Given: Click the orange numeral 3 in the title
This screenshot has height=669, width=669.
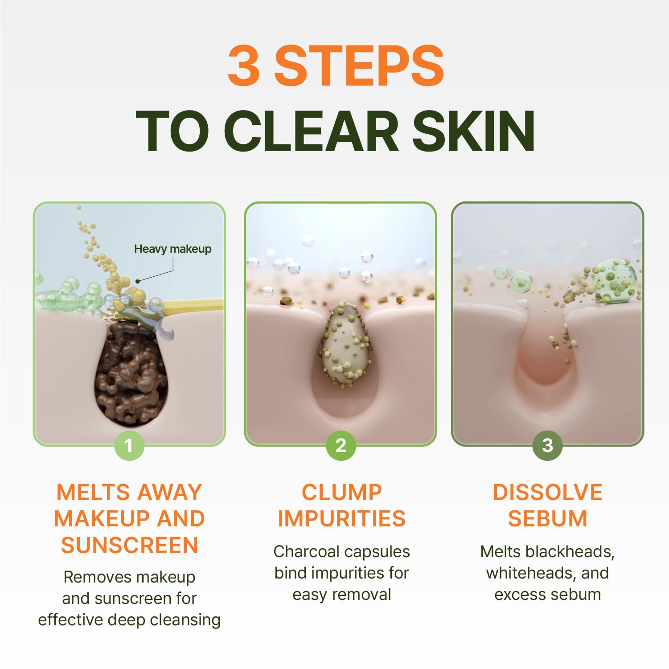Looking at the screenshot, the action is tap(244, 66).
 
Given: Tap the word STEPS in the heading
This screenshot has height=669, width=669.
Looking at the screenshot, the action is tap(359, 66).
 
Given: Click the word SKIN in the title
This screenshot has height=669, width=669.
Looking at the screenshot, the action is tap(473, 131).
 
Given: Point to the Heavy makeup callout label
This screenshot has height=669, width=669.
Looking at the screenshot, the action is tap(173, 249).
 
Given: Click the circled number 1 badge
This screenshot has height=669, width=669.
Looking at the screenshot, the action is tap(129, 445).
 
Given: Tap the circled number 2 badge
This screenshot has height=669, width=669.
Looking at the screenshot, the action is tap(341, 445).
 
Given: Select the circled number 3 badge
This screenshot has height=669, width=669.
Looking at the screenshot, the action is tap(547, 445).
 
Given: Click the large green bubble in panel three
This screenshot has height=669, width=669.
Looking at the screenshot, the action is tap(615, 282).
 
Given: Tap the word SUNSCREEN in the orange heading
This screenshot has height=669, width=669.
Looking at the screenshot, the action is tap(130, 545).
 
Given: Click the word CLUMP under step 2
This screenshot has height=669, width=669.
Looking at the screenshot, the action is tap(342, 493).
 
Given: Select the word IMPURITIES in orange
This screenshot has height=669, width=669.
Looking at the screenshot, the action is tap(342, 519).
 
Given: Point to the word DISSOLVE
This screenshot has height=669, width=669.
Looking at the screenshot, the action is tap(547, 493).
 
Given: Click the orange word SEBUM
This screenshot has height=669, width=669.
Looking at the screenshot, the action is tap(547, 519).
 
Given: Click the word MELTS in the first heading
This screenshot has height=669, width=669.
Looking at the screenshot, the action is tap(90, 493).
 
